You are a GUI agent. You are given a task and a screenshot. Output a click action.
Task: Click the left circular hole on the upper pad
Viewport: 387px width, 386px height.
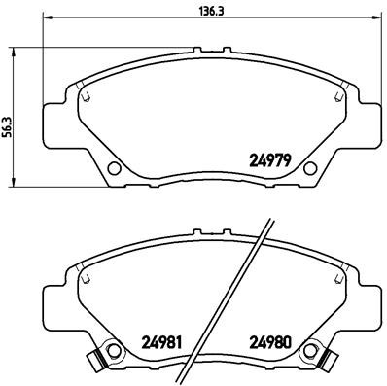[114, 168]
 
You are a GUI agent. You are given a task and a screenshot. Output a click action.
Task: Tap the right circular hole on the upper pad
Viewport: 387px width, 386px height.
[309, 168]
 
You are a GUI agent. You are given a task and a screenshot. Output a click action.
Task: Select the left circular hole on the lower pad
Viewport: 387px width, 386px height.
[114, 351]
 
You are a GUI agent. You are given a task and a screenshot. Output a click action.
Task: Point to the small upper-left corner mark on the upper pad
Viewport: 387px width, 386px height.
[87, 96]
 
